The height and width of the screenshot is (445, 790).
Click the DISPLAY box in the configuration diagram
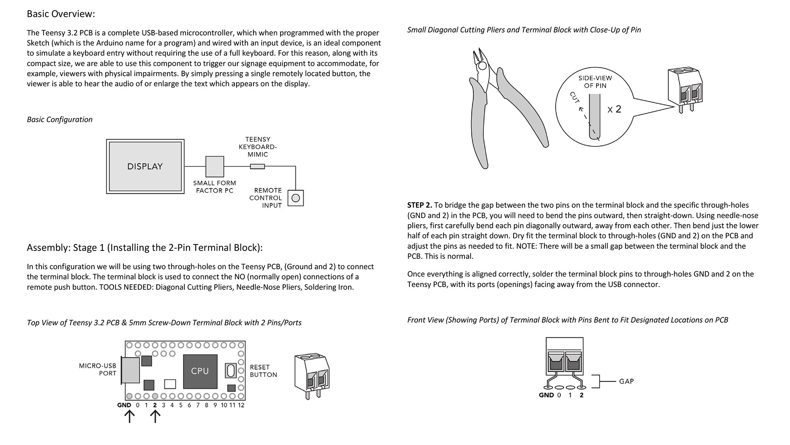(x=145, y=166)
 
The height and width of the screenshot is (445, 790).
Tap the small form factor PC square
(x=215, y=166)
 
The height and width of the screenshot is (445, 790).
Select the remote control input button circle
(x=295, y=198)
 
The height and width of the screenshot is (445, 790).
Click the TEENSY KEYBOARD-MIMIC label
(x=258, y=147)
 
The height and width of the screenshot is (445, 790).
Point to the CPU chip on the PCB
(x=200, y=371)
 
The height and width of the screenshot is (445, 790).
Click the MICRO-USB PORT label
(x=98, y=370)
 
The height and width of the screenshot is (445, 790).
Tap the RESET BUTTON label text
(x=263, y=371)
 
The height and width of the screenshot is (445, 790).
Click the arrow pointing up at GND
(x=129, y=417)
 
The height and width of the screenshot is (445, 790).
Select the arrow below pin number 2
(x=155, y=417)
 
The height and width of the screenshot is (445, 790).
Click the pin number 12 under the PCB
(x=241, y=405)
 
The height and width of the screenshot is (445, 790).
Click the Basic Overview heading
(x=61, y=14)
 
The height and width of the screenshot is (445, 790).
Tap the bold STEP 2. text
(x=419, y=205)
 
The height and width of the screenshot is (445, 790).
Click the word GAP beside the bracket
(x=626, y=382)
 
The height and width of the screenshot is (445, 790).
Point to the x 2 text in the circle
(x=614, y=110)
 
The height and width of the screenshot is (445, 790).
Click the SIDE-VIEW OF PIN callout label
(x=595, y=82)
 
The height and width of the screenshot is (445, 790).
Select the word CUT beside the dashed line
(x=575, y=98)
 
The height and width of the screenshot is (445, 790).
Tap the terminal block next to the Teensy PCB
(x=312, y=375)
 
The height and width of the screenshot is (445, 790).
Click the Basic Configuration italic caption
(x=60, y=119)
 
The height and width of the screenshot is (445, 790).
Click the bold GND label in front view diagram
(x=546, y=395)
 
